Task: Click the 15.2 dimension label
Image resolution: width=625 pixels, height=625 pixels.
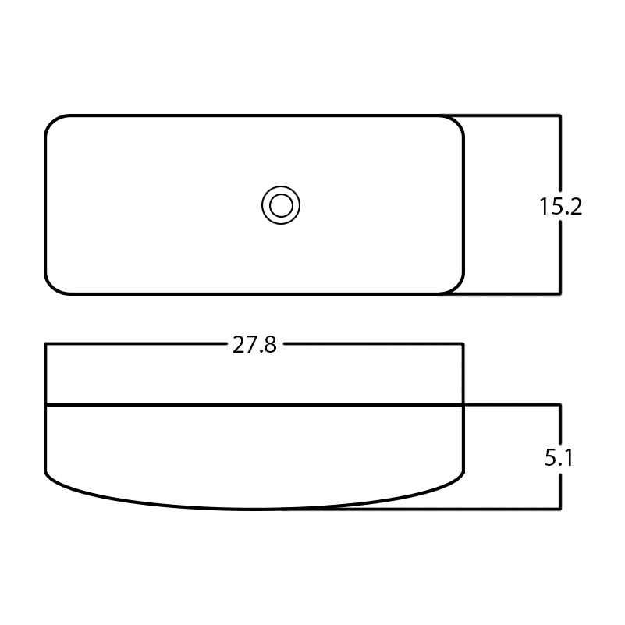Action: pyautogui.click(x=560, y=207)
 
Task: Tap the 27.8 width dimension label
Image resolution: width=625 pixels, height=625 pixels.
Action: pyautogui.click(x=254, y=345)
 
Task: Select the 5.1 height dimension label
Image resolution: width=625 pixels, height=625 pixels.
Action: pyautogui.click(x=559, y=457)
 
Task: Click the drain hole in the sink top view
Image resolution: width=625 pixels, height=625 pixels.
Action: pyautogui.click(x=281, y=205)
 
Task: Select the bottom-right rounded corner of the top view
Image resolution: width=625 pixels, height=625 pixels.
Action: pyautogui.click(x=456, y=287)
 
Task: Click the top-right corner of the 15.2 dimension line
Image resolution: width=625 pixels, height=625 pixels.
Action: pyautogui.click(x=560, y=115)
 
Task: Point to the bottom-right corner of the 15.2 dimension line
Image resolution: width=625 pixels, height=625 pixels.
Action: pyautogui.click(x=560, y=293)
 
